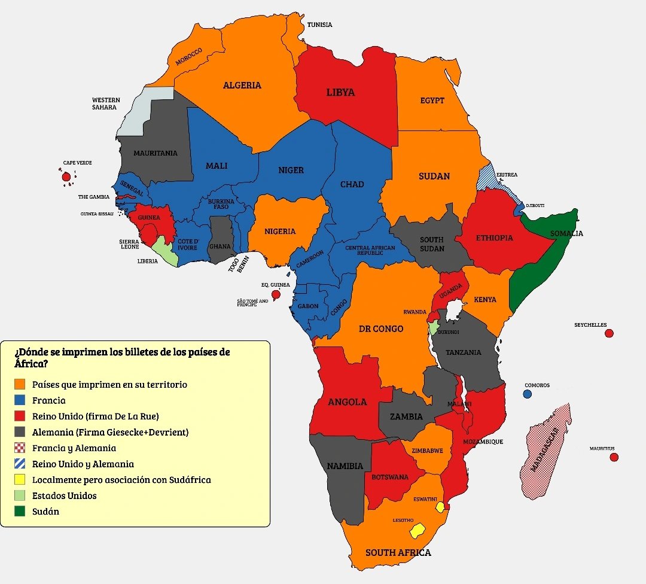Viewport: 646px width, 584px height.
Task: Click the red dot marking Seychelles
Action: tap(609, 333)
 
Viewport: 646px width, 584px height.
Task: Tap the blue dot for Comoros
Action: tap(527, 394)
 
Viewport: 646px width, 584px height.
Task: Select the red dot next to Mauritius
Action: tap(613, 457)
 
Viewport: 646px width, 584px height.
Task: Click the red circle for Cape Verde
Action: tap(66, 177)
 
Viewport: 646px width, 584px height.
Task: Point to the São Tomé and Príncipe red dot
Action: tap(276, 294)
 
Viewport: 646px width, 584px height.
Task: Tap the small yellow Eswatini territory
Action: tap(440, 507)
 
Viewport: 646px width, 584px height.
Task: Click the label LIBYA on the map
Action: tap(340, 92)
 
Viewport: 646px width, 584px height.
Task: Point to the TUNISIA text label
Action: tap(319, 25)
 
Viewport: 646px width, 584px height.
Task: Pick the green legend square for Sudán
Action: tap(20, 512)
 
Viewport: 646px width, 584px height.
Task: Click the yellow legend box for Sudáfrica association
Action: tap(20, 480)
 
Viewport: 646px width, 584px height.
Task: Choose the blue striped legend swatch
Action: tap(20, 464)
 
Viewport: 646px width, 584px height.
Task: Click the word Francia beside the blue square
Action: tap(49, 400)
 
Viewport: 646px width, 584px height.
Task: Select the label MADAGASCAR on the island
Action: tap(544, 449)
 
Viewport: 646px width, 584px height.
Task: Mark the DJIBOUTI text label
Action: tap(535, 205)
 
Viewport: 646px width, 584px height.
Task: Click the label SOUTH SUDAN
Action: tap(431, 244)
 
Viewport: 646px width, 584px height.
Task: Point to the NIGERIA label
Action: tap(280, 231)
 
